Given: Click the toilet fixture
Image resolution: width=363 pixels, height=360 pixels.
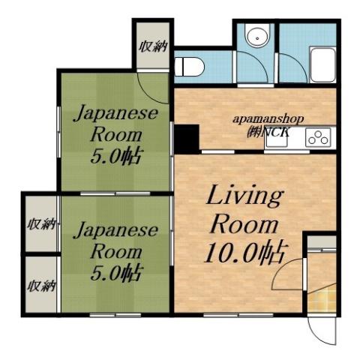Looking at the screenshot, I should click(190, 67).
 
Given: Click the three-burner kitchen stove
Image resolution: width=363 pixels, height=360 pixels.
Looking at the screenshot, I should click(316, 137).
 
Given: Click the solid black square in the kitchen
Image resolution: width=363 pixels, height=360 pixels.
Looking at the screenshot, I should click(185, 137).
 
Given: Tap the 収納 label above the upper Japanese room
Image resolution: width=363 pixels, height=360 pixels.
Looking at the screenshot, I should click(153, 46).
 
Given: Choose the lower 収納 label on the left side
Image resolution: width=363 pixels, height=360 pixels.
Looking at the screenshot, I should click(40, 285).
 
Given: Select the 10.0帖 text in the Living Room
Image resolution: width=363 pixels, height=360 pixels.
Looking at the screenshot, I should click(239, 253).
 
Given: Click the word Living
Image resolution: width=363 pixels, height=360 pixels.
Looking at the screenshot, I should click(244, 197).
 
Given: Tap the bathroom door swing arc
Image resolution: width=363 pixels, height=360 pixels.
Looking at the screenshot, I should click(250, 75).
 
